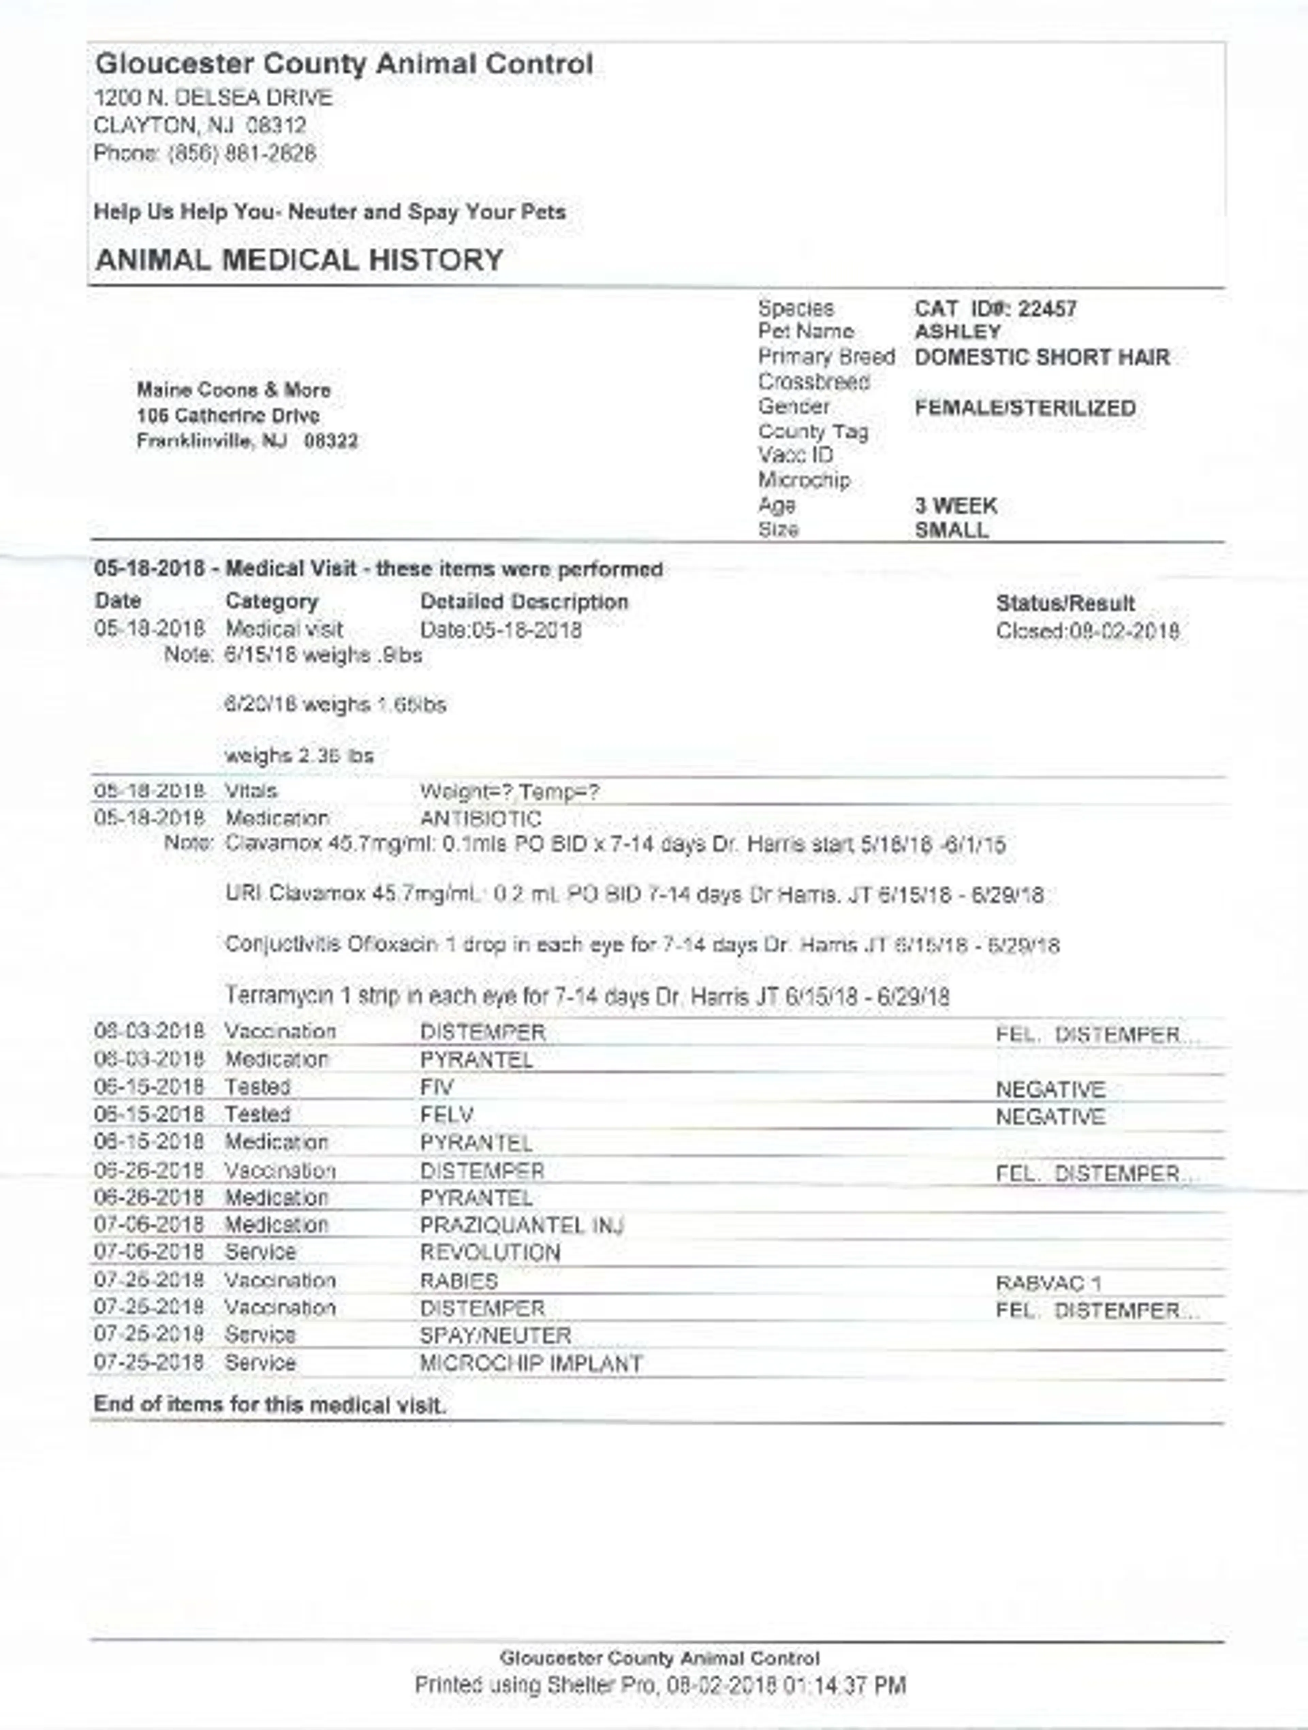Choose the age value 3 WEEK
[955, 506]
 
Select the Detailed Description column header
[524, 602]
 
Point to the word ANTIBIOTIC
[480, 819]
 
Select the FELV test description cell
[447, 1114]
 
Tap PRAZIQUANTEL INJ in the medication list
[521, 1225]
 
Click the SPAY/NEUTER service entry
[495, 1336]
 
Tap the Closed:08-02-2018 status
[1087, 631]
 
